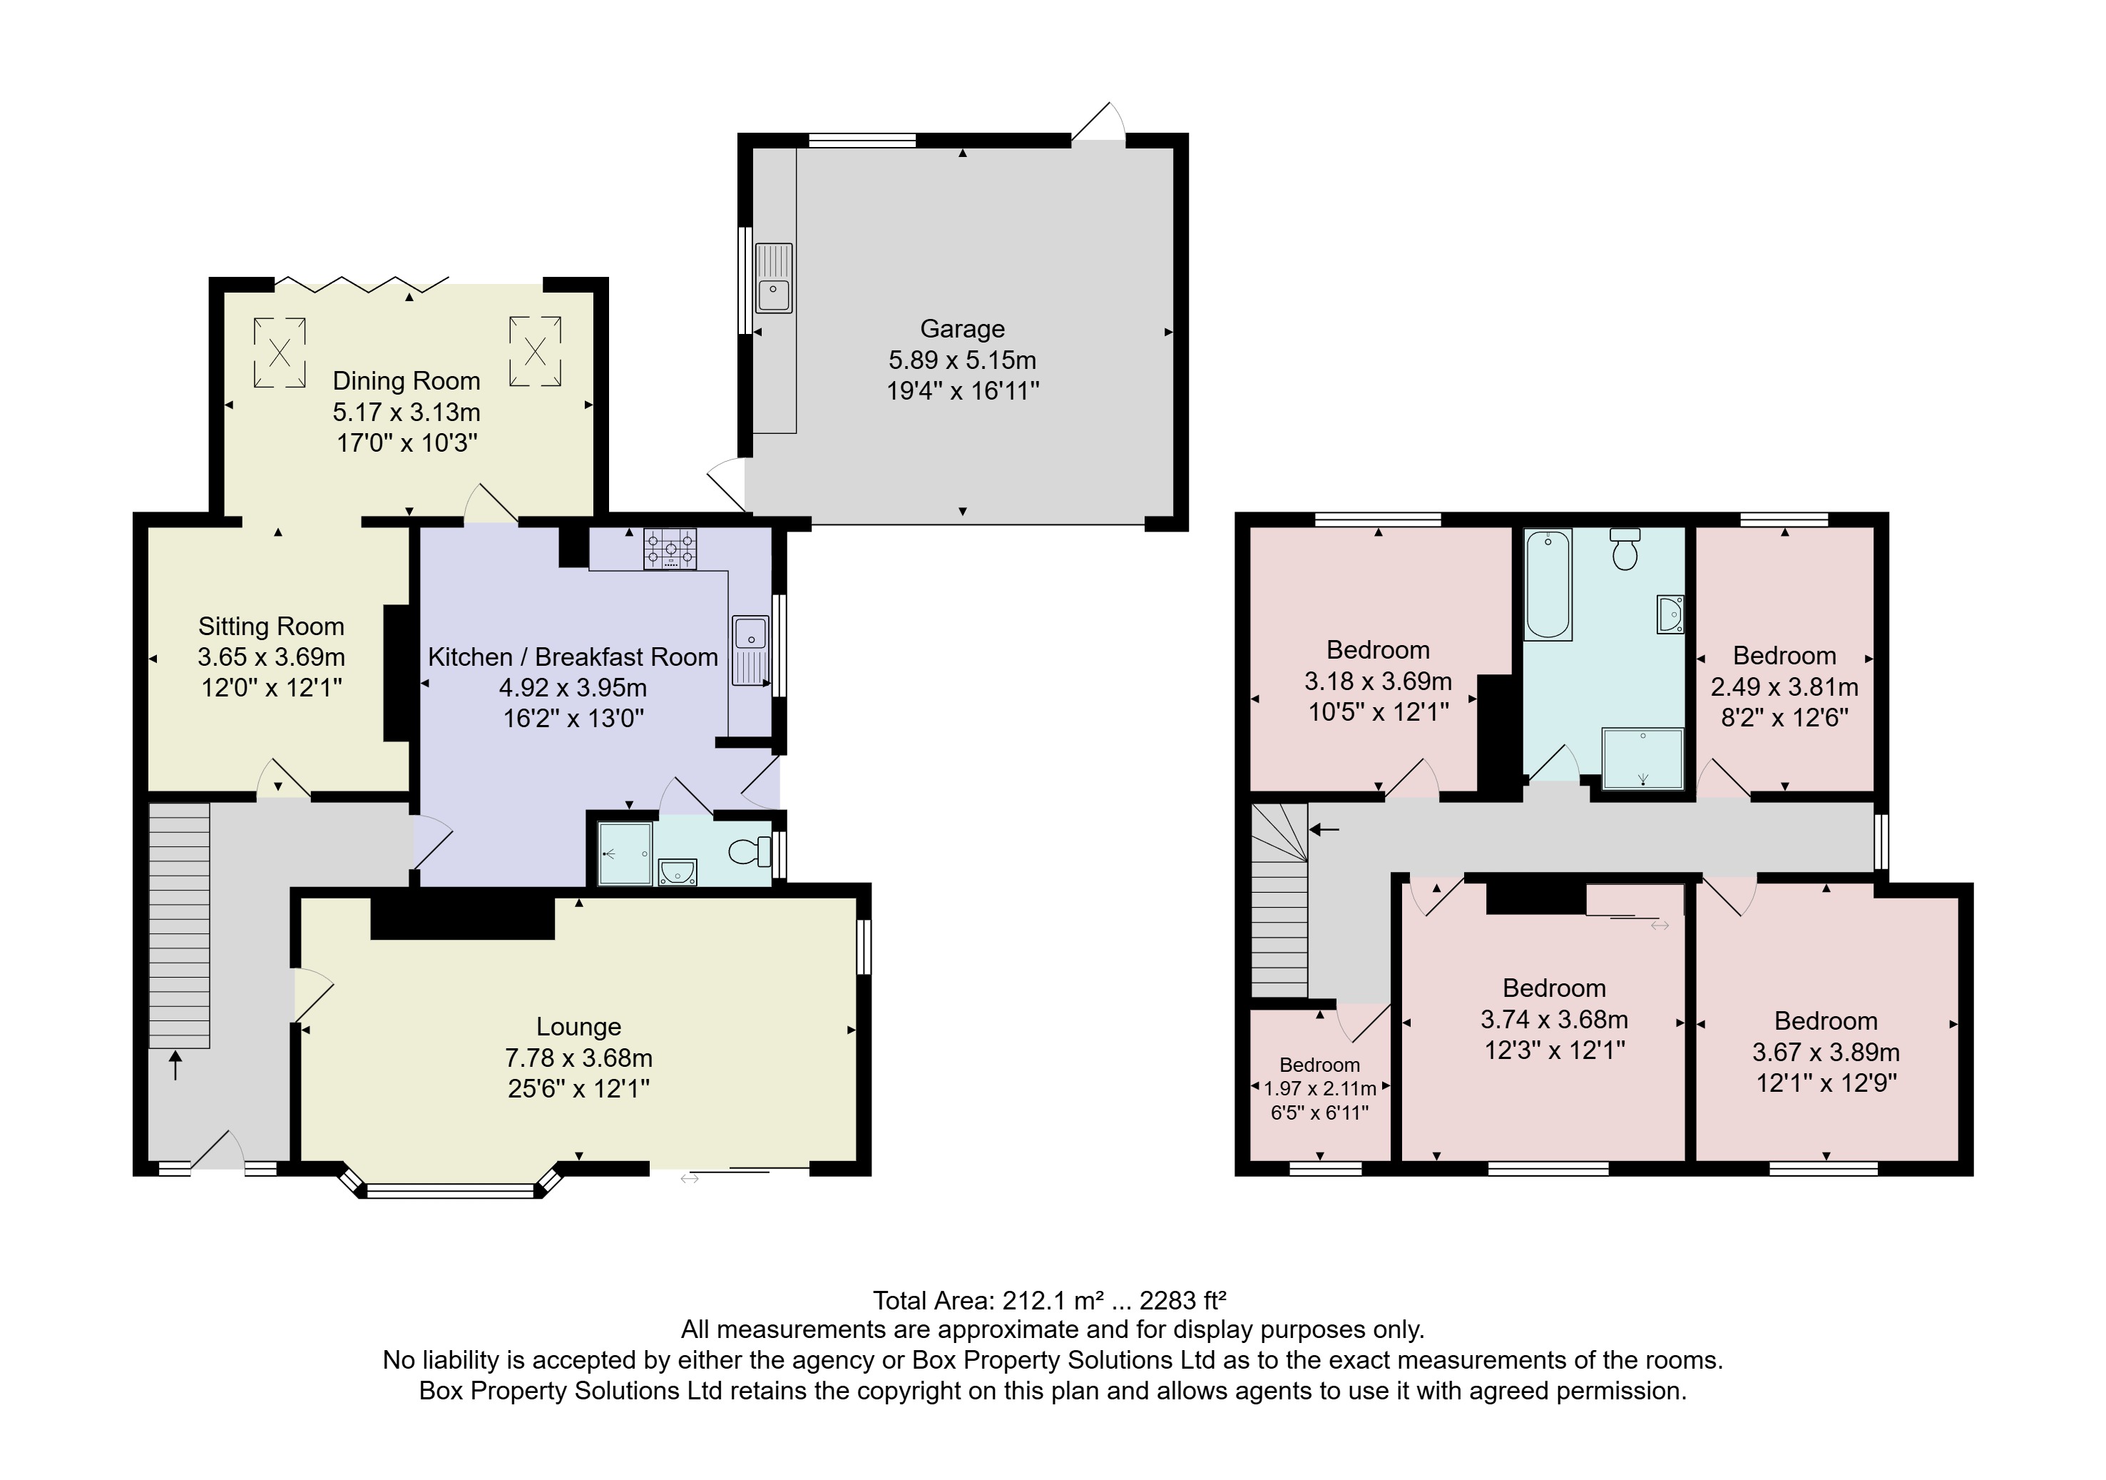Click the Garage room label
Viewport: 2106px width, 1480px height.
pyautogui.click(x=962, y=328)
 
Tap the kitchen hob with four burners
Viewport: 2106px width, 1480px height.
pyautogui.click(x=670, y=549)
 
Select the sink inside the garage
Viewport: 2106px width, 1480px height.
pyautogui.click(x=773, y=278)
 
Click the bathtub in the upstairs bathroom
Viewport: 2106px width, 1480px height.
pyautogui.click(x=1548, y=584)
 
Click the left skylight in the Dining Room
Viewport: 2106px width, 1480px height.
pyautogui.click(x=280, y=353)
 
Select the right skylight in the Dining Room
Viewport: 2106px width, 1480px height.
pyautogui.click(x=535, y=350)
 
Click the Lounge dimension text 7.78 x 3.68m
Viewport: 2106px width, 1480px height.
pyautogui.click(x=579, y=1058)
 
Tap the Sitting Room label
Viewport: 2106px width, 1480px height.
pyautogui.click(x=272, y=627)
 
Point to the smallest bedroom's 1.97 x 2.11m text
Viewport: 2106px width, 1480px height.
pyautogui.click(x=1320, y=1089)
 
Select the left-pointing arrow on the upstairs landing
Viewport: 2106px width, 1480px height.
pyautogui.click(x=1324, y=829)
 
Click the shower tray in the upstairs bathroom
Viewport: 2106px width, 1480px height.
pyautogui.click(x=1642, y=759)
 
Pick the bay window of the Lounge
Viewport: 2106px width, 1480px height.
pyautogui.click(x=449, y=1190)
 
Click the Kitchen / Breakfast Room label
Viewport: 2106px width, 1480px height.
pyautogui.click(x=573, y=657)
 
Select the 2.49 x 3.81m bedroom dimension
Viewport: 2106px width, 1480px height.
pyautogui.click(x=1784, y=686)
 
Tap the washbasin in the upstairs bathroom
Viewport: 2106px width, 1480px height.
pyautogui.click(x=1670, y=614)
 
